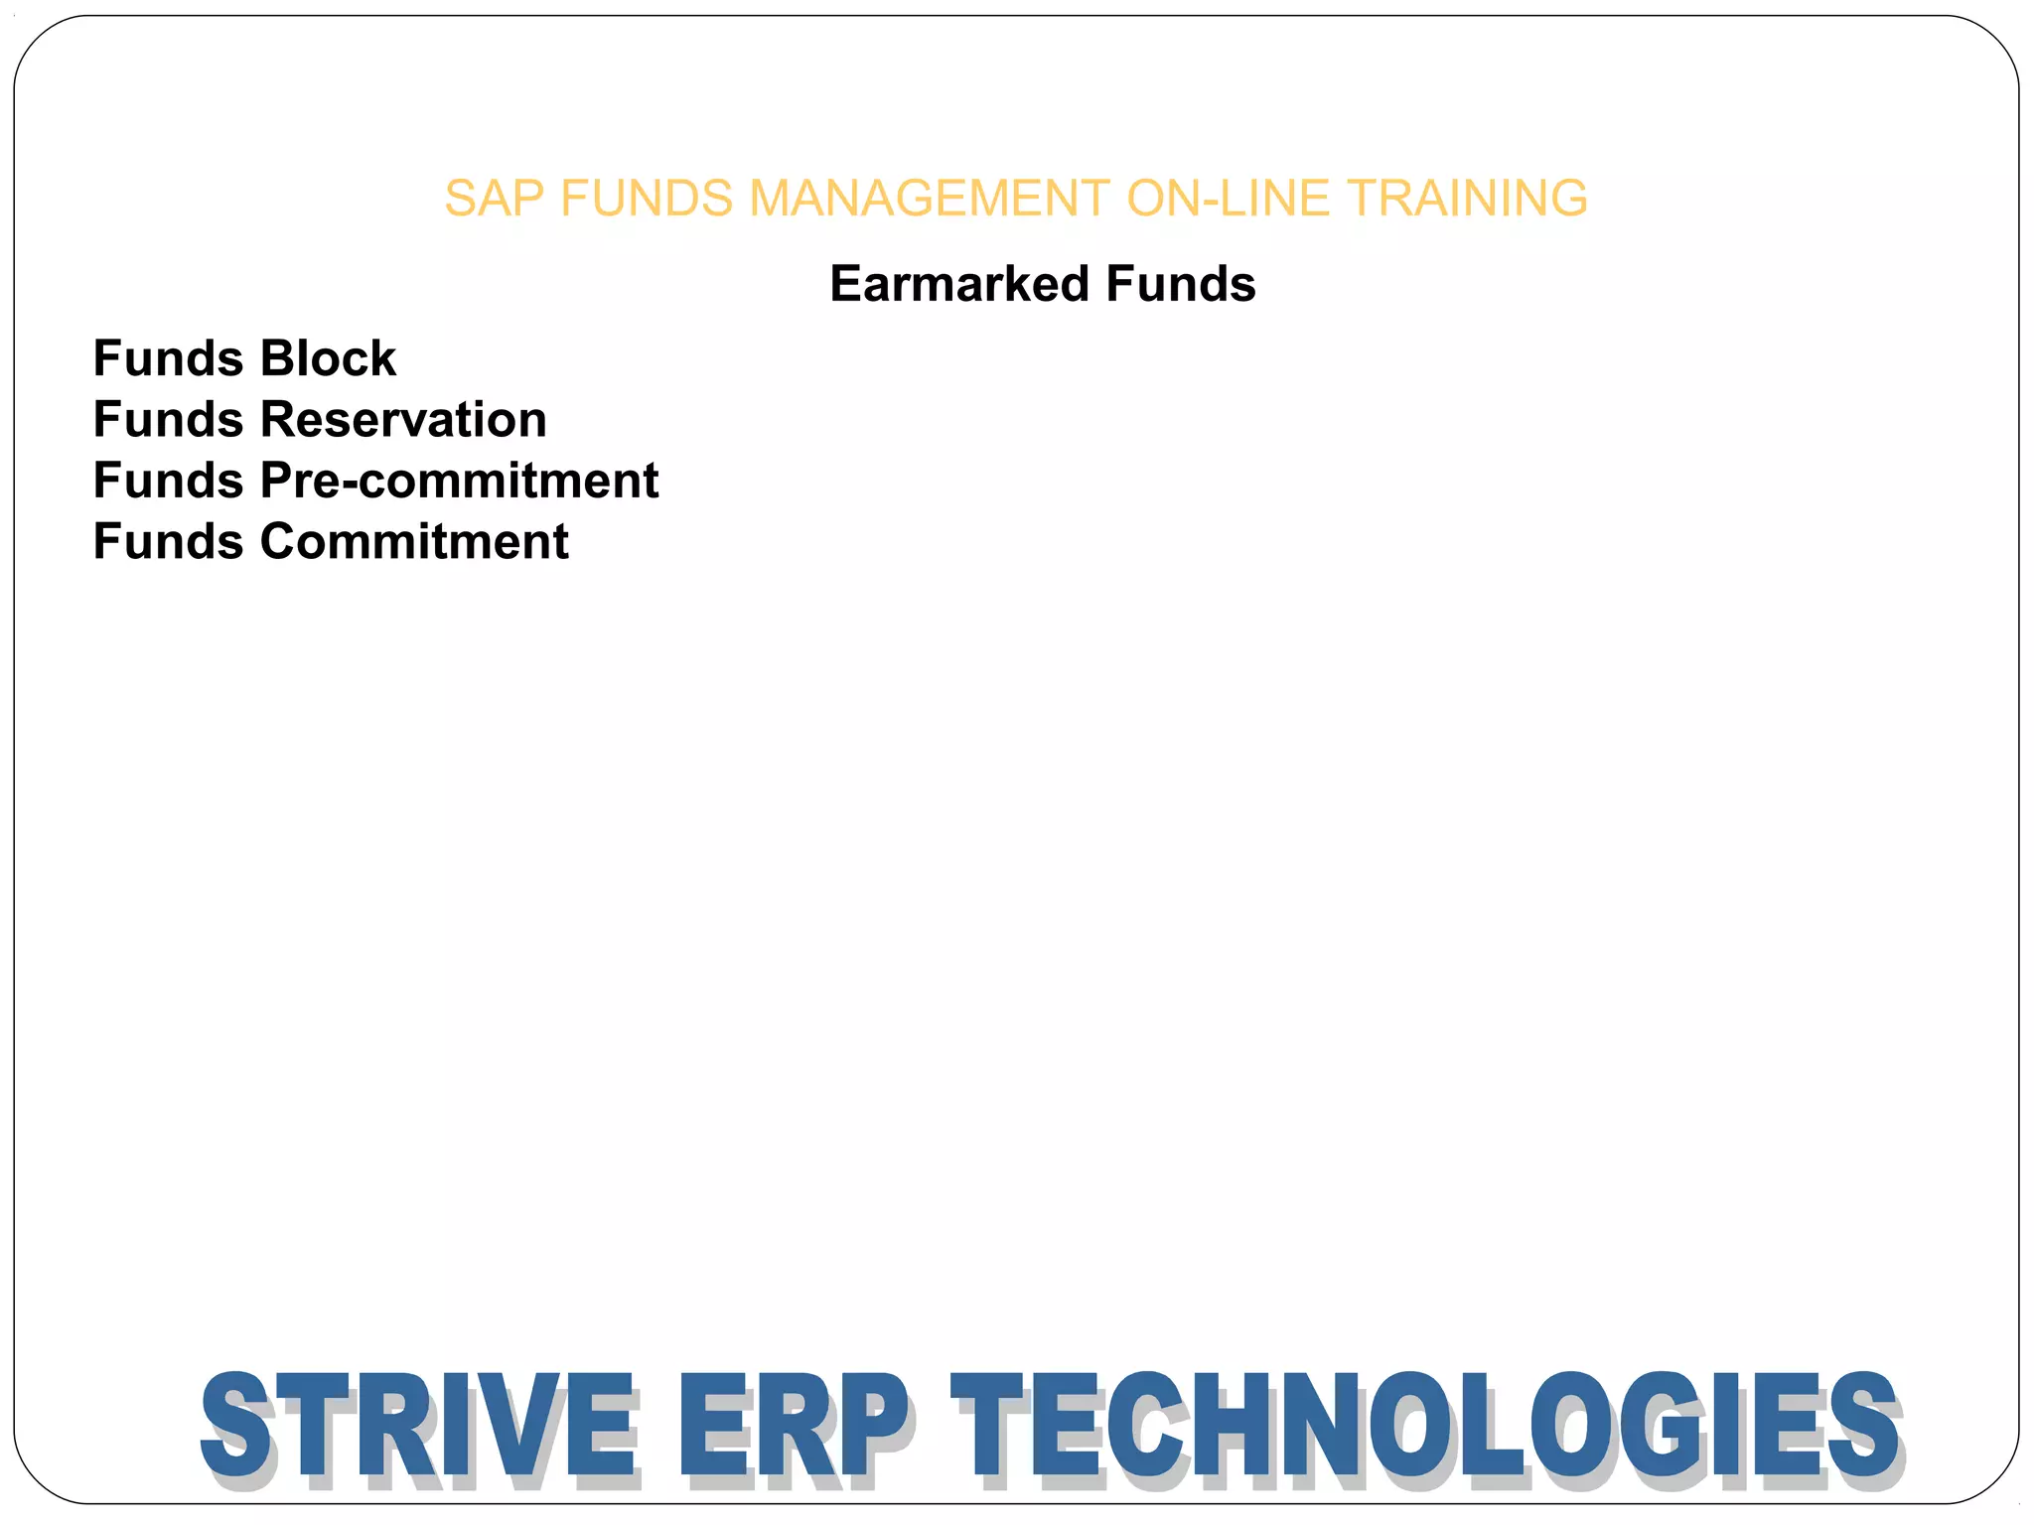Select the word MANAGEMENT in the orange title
click(929, 199)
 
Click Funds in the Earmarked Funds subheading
click(1181, 284)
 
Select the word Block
click(328, 358)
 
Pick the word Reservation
click(403, 420)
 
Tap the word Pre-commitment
click(459, 481)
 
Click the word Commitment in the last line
click(414, 542)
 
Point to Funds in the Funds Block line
click(168, 358)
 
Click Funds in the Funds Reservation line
click(168, 420)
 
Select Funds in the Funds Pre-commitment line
click(168, 481)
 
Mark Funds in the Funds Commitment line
click(168, 542)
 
